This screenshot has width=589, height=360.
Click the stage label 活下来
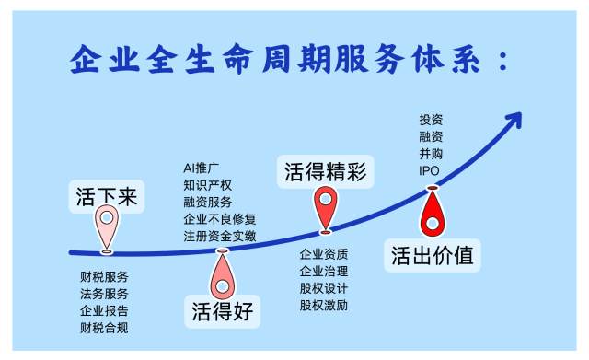click(x=107, y=196)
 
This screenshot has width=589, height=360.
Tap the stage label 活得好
click(x=223, y=311)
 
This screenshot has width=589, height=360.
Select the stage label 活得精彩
click(x=325, y=172)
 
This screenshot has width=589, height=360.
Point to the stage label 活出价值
click(x=432, y=255)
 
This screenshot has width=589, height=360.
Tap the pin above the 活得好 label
click(x=223, y=274)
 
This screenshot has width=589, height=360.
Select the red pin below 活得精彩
click(x=326, y=209)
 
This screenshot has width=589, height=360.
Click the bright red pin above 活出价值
click(x=433, y=211)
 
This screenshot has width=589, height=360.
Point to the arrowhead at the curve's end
click(x=514, y=120)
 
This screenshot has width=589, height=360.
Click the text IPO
click(x=429, y=171)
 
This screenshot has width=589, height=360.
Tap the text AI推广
click(x=201, y=168)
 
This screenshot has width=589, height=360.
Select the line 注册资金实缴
click(x=220, y=236)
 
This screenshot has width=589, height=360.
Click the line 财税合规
click(x=104, y=328)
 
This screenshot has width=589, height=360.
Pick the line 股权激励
click(x=324, y=305)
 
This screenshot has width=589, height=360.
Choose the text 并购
click(x=431, y=154)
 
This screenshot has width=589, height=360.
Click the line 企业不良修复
click(x=220, y=219)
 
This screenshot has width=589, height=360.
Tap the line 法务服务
click(x=104, y=294)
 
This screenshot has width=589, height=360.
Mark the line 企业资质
click(x=324, y=254)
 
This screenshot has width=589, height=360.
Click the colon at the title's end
click(x=502, y=62)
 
